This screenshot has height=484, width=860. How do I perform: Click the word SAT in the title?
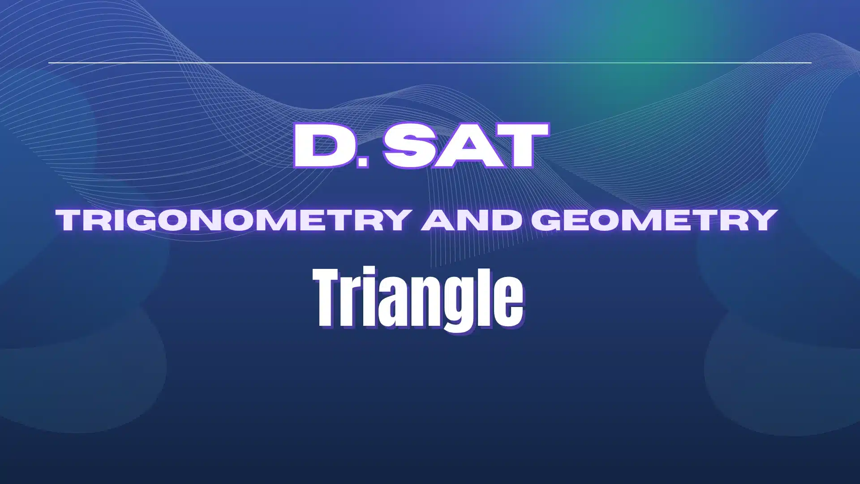(466, 146)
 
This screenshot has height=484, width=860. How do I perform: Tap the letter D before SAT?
(322, 146)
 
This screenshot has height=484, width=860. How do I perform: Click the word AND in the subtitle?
(470, 220)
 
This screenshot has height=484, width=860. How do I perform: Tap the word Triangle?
(418, 298)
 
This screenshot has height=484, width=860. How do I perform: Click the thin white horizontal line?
(430, 63)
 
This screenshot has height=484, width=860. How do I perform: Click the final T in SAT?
(522, 146)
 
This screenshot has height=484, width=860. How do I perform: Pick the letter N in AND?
(473, 220)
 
